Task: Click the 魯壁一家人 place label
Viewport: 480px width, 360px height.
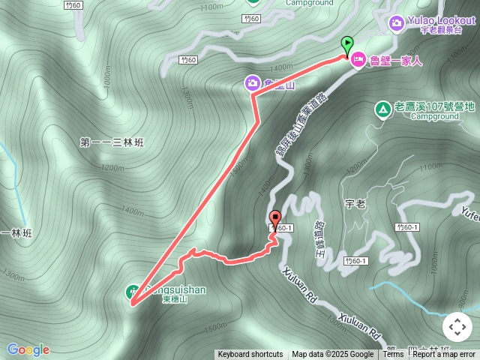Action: (396, 61)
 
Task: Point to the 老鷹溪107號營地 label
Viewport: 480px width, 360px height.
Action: (435, 107)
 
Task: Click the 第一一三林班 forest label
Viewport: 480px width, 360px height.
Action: (111, 142)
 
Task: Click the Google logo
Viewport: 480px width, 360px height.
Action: (28, 349)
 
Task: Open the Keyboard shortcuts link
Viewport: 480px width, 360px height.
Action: (250, 355)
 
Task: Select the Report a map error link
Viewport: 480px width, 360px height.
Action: (444, 355)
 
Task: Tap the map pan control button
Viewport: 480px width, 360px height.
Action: (457, 326)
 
